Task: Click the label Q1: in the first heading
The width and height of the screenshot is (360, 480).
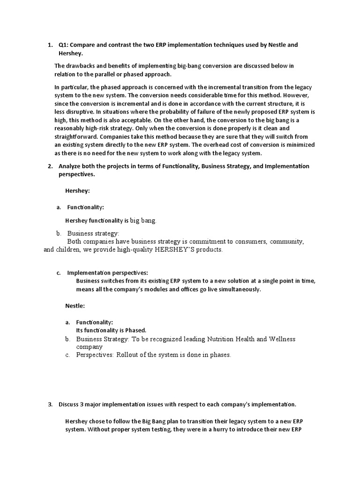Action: click(63, 45)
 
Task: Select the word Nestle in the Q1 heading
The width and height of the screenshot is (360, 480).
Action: click(279, 45)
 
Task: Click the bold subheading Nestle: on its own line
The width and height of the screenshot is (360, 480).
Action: click(75, 306)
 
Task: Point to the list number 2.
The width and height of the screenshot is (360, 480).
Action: click(50, 166)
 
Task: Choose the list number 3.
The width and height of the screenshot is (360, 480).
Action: click(50, 404)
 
